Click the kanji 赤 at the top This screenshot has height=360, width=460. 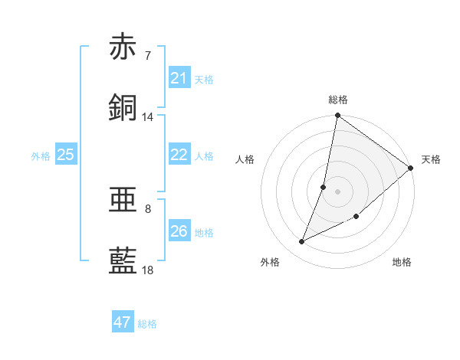(x=123, y=47)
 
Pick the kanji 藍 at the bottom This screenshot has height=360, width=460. (x=123, y=261)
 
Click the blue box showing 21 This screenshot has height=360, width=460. (x=179, y=77)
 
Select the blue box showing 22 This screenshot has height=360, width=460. (x=179, y=155)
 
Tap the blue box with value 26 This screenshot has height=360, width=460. (x=179, y=231)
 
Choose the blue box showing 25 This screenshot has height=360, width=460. (x=66, y=155)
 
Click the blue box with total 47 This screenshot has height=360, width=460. (x=123, y=322)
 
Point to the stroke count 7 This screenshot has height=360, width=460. (x=147, y=55)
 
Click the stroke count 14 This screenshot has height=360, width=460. (x=147, y=117)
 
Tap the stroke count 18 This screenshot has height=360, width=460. (x=147, y=270)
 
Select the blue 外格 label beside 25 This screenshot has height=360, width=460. (x=41, y=155)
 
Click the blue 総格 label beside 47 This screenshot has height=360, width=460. (x=147, y=324)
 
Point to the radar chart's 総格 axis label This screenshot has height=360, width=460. (x=338, y=100)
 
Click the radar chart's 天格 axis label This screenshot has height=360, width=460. (x=431, y=159)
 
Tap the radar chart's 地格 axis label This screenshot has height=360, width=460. (x=402, y=262)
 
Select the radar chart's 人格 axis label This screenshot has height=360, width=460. (x=245, y=159)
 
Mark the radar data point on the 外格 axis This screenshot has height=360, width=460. (x=302, y=242)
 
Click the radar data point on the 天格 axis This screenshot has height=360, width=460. (x=411, y=169)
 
